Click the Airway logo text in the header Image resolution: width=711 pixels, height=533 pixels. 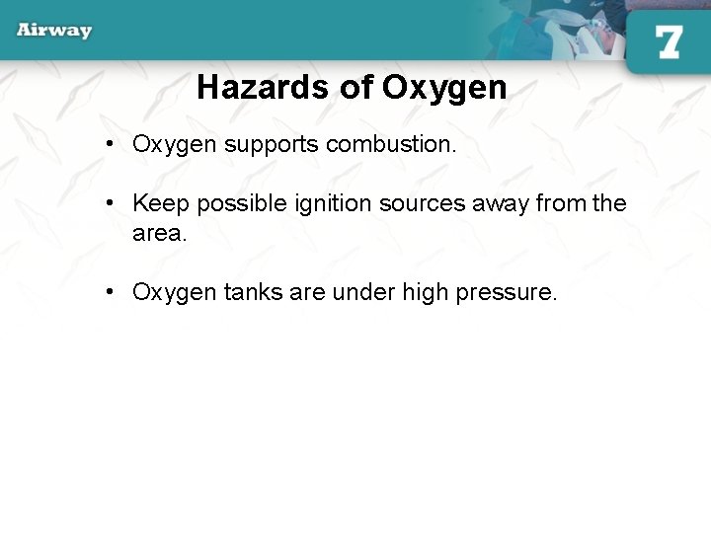pos(54,30)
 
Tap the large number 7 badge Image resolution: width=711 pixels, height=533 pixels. pos(668,41)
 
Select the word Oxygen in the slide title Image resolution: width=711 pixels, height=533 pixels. pos(444,88)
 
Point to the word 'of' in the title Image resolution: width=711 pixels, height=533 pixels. pos(356,88)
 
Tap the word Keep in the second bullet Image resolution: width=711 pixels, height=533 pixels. pos(161,203)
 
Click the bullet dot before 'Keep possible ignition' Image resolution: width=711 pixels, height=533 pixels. pos(114,203)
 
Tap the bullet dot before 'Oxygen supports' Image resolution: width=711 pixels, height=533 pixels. pos(114,144)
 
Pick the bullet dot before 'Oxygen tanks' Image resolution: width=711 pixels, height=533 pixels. pos(114,292)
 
